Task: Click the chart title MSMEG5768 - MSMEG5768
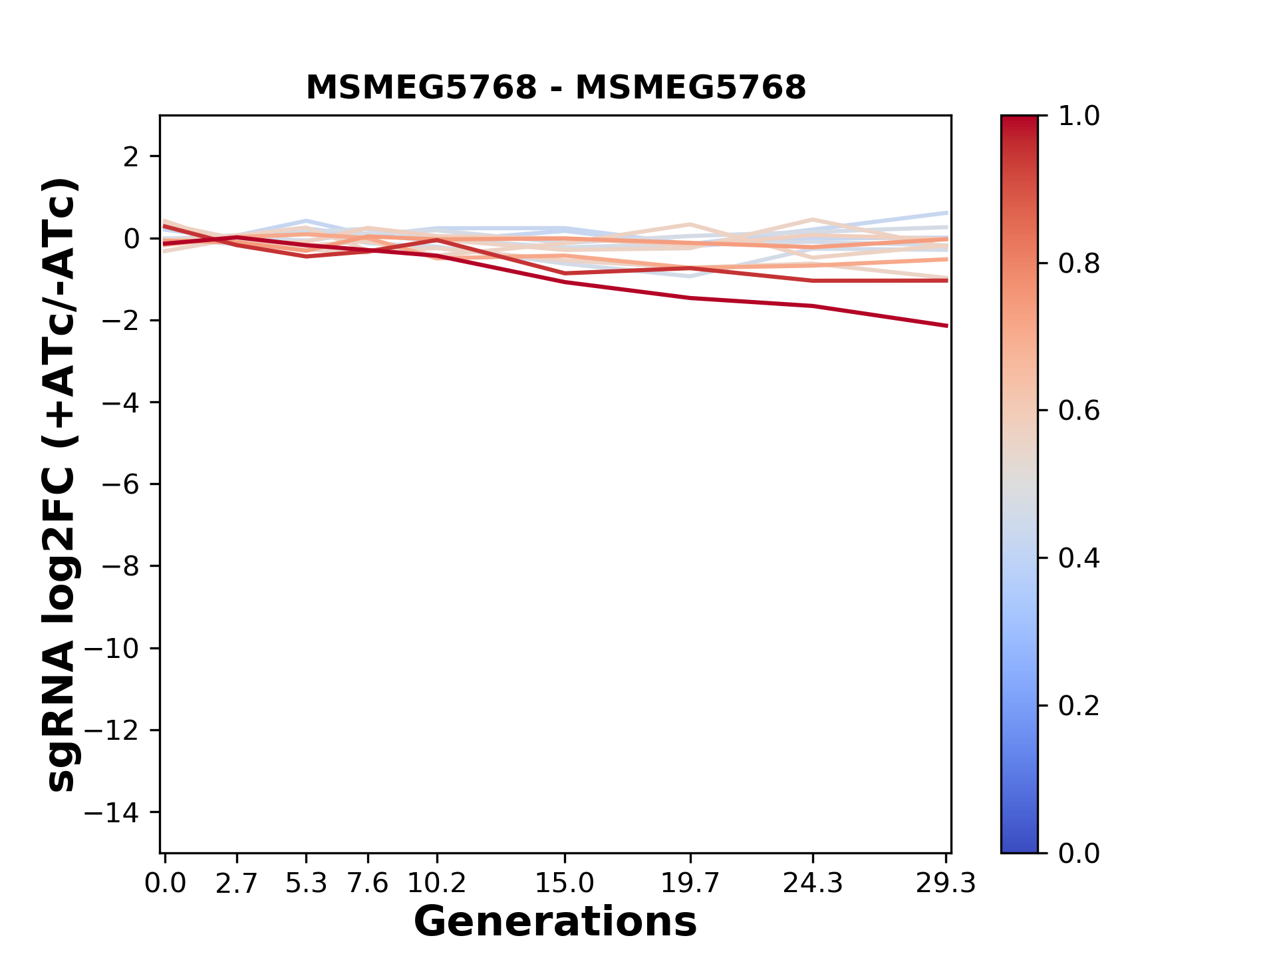(x=555, y=88)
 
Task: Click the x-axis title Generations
(x=555, y=922)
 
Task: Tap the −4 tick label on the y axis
(x=120, y=402)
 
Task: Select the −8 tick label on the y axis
(x=120, y=566)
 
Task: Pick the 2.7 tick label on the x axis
(x=237, y=883)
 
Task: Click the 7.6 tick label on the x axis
(x=368, y=883)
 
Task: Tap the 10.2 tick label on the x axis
(x=436, y=883)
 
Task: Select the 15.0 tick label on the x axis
(x=564, y=883)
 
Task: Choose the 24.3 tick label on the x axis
(x=813, y=883)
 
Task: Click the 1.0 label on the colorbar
(x=1079, y=116)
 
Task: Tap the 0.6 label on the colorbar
(x=1079, y=411)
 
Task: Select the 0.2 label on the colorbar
(x=1079, y=706)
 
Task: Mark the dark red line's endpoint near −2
(x=946, y=326)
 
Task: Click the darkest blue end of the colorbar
(x=1019, y=848)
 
